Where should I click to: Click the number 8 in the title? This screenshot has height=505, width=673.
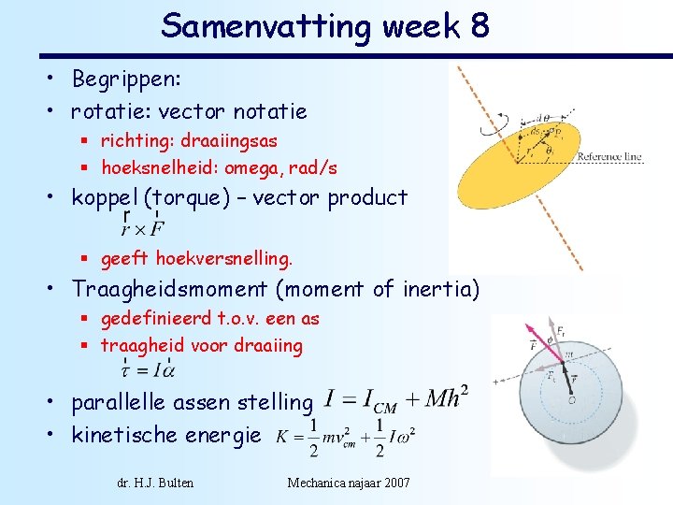click(477, 25)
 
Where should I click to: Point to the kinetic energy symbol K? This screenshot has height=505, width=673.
click(281, 437)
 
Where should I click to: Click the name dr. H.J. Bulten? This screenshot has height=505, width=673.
click(155, 483)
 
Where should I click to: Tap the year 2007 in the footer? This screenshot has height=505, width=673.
click(394, 483)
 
